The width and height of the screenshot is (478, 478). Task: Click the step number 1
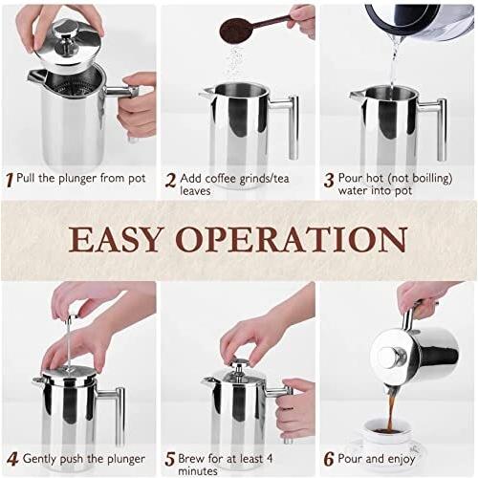click(11, 180)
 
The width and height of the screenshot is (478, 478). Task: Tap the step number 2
click(171, 181)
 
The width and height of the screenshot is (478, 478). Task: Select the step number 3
click(329, 181)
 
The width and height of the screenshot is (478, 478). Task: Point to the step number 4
click(12, 460)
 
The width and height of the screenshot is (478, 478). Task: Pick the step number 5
click(170, 460)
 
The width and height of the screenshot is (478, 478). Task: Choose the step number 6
click(329, 460)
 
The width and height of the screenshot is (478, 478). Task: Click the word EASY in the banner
click(114, 239)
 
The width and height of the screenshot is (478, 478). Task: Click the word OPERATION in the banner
click(292, 239)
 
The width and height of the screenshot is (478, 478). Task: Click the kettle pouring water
click(420, 20)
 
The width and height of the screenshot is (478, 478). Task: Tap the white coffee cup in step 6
click(385, 436)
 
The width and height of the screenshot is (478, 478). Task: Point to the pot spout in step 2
click(206, 93)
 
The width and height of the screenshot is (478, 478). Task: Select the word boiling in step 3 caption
click(431, 179)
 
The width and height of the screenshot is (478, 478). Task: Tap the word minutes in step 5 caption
click(198, 471)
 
